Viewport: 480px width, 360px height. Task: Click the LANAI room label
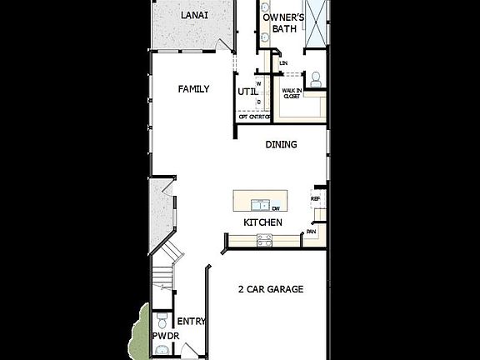(194, 16)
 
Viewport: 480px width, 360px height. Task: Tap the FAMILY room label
(193, 89)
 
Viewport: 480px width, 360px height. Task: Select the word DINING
(281, 144)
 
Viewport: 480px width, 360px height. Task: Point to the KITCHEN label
(262, 222)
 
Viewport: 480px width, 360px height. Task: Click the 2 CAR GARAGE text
(270, 289)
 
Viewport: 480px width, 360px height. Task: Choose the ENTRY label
(192, 321)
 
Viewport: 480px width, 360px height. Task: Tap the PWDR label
(165, 336)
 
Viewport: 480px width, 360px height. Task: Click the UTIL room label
(247, 92)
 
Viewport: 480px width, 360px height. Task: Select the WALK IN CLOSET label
(291, 92)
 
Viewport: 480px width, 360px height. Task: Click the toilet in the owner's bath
(316, 79)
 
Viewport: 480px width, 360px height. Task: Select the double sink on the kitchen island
(262, 205)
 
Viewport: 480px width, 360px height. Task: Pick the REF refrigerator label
(315, 199)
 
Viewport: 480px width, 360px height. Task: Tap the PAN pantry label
(311, 232)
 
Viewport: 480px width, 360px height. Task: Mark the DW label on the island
(275, 208)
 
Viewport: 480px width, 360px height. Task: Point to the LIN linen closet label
(283, 62)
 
